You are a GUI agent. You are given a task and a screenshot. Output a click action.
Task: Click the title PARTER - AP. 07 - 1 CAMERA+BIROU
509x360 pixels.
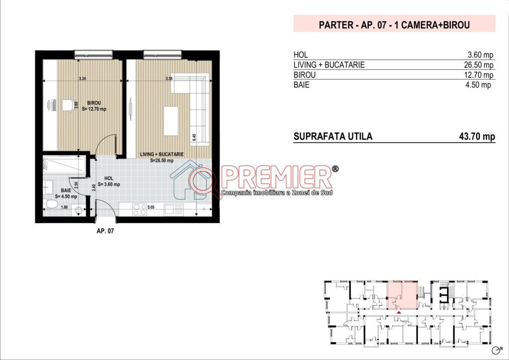[x=394, y=25]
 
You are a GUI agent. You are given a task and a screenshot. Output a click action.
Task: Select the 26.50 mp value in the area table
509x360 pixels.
[x=479, y=65]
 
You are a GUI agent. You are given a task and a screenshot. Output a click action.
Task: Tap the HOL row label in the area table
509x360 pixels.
[x=301, y=55]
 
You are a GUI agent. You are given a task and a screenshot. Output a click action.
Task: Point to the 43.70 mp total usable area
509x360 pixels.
[x=477, y=136]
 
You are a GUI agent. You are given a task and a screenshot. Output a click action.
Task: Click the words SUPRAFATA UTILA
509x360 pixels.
[x=333, y=136]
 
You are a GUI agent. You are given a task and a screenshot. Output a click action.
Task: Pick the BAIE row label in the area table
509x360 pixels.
[x=301, y=85]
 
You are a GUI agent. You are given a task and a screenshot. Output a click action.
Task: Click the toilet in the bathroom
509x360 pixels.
[x=51, y=204]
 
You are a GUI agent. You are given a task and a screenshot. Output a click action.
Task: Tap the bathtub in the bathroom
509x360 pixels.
[x=65, y=164]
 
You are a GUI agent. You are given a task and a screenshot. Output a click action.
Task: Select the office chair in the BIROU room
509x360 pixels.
[x=68, y=105]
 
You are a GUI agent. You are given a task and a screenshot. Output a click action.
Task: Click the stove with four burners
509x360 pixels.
[x=140, y=209]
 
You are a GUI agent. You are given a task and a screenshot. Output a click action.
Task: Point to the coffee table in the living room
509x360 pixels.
[x=171, y=121]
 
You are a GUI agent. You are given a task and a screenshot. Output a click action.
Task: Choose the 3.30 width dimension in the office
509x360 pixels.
[x=83, y=79]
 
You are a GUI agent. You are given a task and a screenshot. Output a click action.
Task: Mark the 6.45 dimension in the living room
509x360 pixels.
[x=194, y=137]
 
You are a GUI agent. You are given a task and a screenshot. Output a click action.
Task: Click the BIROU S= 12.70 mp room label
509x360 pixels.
[x=94, y=106]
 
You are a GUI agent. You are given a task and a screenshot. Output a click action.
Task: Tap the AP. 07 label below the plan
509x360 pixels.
[x=105, y=231]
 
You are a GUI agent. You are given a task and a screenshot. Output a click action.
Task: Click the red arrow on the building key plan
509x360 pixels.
[x=399, y=312]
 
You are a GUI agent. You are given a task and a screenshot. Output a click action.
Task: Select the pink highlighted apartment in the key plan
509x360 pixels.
[x=402, y=295]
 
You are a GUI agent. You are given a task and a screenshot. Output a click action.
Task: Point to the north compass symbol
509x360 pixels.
[x=496, y=350]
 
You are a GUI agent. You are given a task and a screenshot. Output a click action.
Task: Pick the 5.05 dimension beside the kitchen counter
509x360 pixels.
[x=151, y=207]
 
